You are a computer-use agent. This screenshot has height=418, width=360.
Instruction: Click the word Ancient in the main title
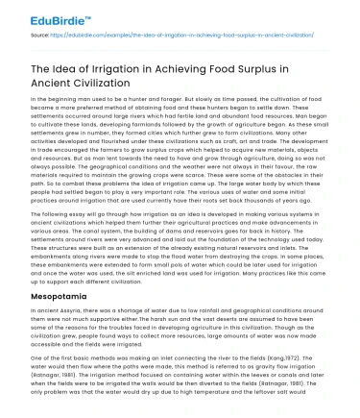(48, 81)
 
